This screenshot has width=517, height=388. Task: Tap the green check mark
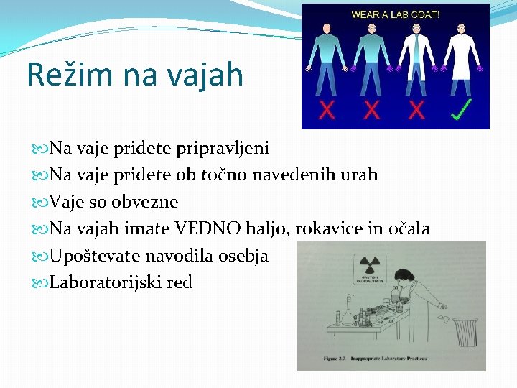(x=460, y=110)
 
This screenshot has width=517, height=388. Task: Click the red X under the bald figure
(x=327, y=110)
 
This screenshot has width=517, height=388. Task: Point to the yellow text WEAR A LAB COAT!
(x=395, y=14)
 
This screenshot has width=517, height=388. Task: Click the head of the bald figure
(x=327, y=29)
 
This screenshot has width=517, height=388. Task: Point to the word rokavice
(x=320, y=229)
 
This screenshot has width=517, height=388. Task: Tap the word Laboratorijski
(x=106, y=283)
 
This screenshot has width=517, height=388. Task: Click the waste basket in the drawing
(x=467, y=333)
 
